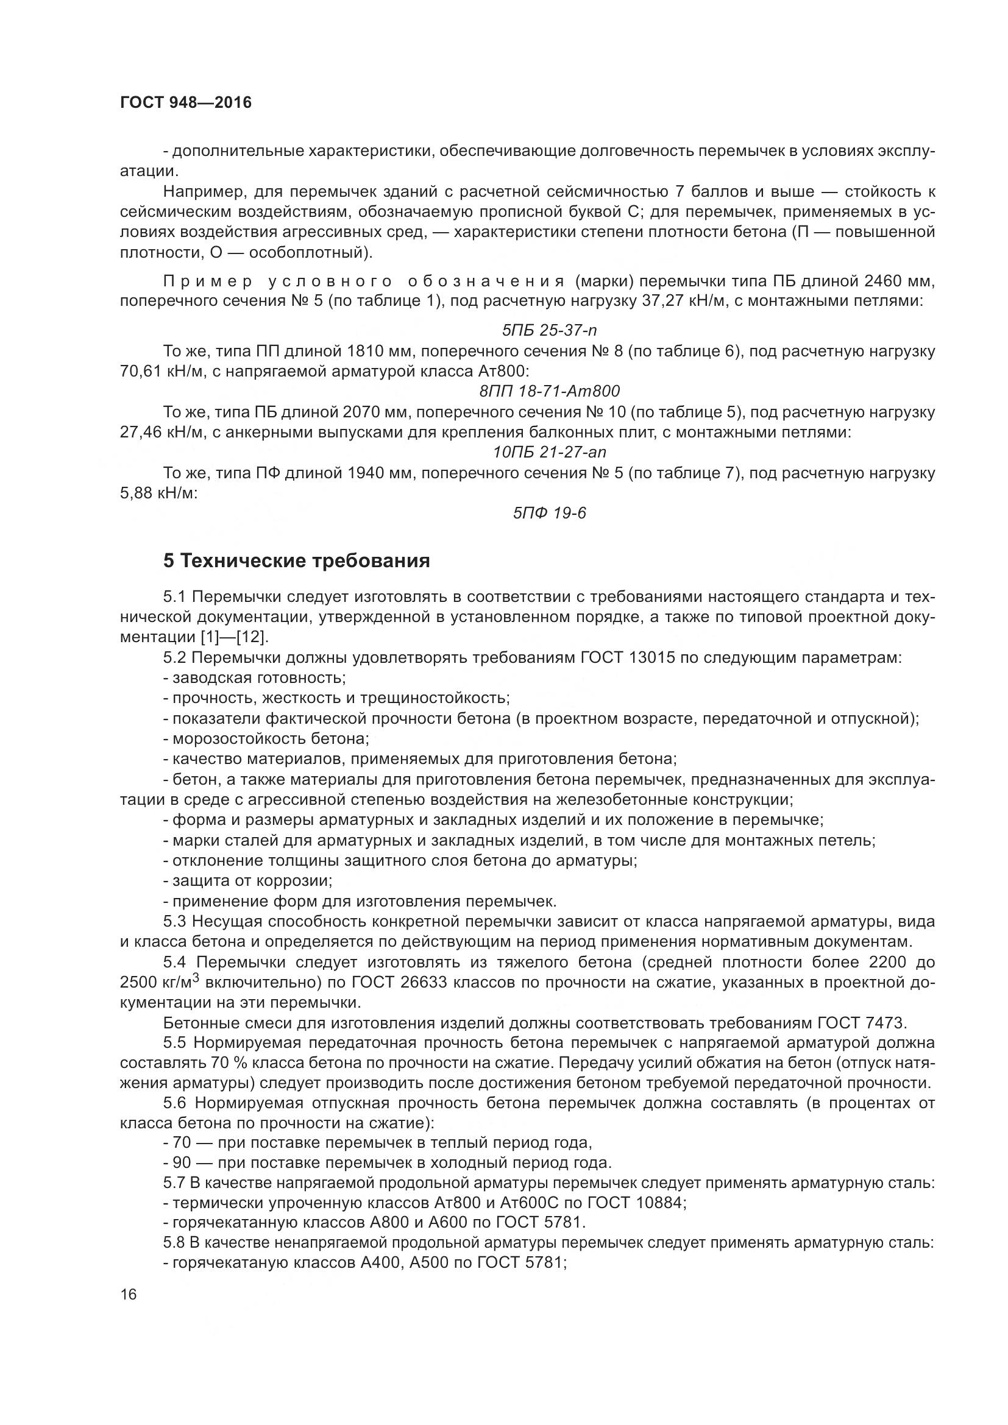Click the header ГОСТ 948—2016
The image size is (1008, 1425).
click(x=186, y=102)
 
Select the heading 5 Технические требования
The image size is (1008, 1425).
click(x=296, y=560)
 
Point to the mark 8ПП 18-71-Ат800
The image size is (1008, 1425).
click(x=549, y=391)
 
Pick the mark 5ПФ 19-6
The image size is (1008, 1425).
click(x=549, y=512)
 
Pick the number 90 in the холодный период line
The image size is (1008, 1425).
click(x=182, y=1162)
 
